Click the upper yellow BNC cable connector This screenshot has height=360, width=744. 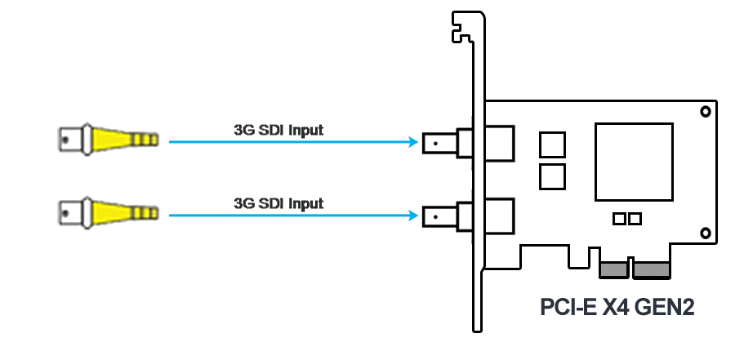(x=108, y=140)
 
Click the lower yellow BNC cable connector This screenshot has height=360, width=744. (x=108, y=213)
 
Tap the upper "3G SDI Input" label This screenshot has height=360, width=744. (x=278, y=130)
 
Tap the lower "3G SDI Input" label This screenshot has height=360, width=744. (x=278, y=203)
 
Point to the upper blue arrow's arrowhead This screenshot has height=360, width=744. (x=413, y=141)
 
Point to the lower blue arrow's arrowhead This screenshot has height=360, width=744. (x=413, y=216)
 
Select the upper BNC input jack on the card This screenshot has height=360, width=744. (x=468, y=143)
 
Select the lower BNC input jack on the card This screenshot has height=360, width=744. (x=468, y=216)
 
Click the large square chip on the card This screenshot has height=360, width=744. (x=634, y=162)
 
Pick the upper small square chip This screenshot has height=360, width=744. (x=552, y=144)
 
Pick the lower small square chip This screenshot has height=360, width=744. (x=552, y=176)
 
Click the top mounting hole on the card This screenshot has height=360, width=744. (x=706, y=112)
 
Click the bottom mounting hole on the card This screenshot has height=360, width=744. (x=706, y=233)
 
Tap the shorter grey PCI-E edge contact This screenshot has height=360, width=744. (x=614, y=270)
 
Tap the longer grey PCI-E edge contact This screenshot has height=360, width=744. (x=652, y=270)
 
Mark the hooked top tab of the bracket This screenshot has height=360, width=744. (x=462, y=27)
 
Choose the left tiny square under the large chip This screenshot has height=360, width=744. (x=619, y=219)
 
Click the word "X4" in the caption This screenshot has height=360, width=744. (x=616, y=308)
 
